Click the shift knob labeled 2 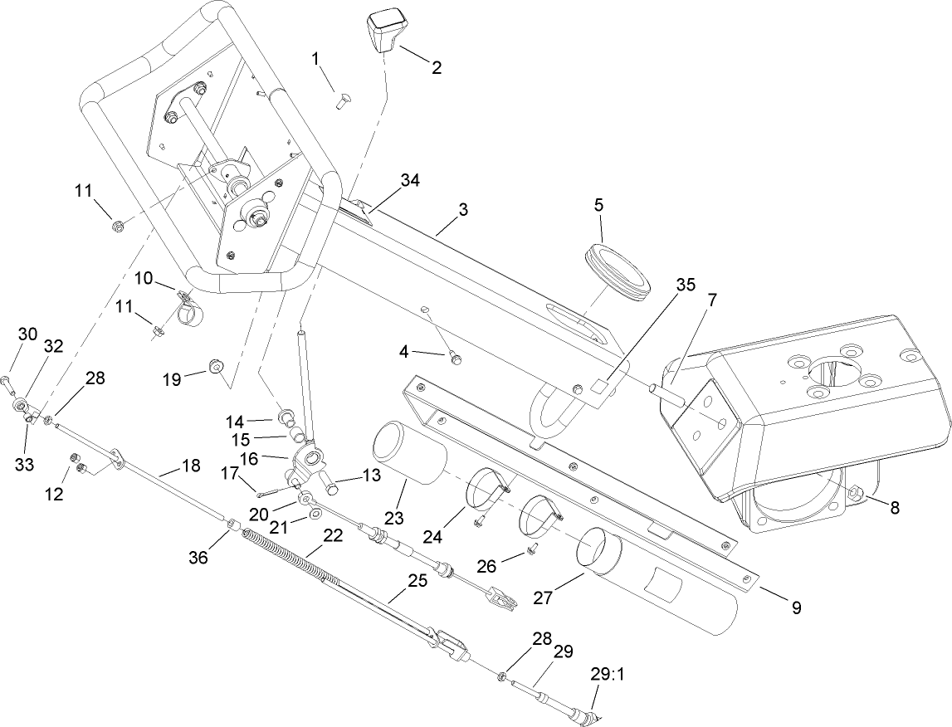click(384, 32)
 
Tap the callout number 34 click(410, 179)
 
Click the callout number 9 click(795, 607)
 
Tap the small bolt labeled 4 click(454, 358)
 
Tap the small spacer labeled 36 click(234, 525)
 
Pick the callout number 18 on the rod click(190, 466)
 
